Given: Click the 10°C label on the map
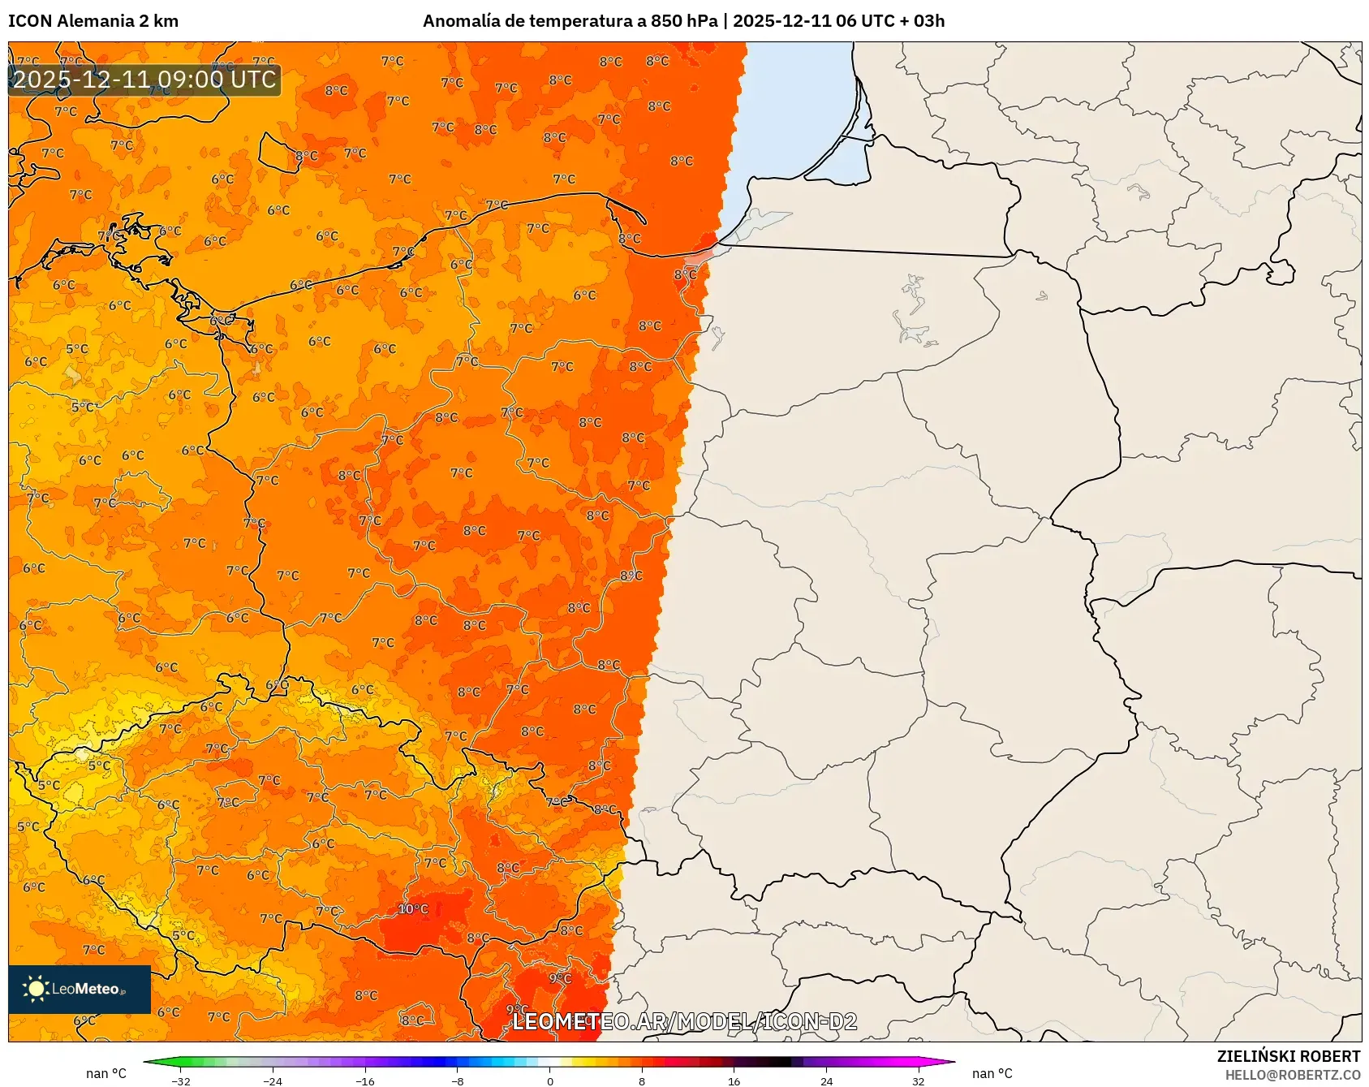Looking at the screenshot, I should tap(413, 909).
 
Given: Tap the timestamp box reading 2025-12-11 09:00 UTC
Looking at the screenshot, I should tap(144, 80).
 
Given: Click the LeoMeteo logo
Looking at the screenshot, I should tap(79, 989).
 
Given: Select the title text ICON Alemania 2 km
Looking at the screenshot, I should tap(93, 21).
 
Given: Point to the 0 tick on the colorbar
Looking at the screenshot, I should tap(550, 1081).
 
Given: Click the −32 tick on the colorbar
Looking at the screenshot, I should tap(181, 1081).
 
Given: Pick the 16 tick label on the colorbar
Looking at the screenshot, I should tap(734, 1081).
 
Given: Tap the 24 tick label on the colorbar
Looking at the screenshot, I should tap(826, 1081).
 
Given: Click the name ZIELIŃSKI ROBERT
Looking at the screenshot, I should tap(1289, 1056).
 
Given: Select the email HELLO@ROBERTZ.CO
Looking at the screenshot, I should tap(1293, 1075).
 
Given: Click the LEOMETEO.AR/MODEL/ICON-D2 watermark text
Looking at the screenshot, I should tap(684, 1021).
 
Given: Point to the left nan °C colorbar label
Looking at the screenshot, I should tap(106, 1073).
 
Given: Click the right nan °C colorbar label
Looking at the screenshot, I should tap(992, 1073).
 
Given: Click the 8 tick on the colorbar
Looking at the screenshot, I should tap(642, 1081).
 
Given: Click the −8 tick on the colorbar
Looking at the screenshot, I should tap(458, 1081).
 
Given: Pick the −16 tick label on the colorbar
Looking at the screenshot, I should tap(365, 1081).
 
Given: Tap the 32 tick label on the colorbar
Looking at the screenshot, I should tap(918, 1081).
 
